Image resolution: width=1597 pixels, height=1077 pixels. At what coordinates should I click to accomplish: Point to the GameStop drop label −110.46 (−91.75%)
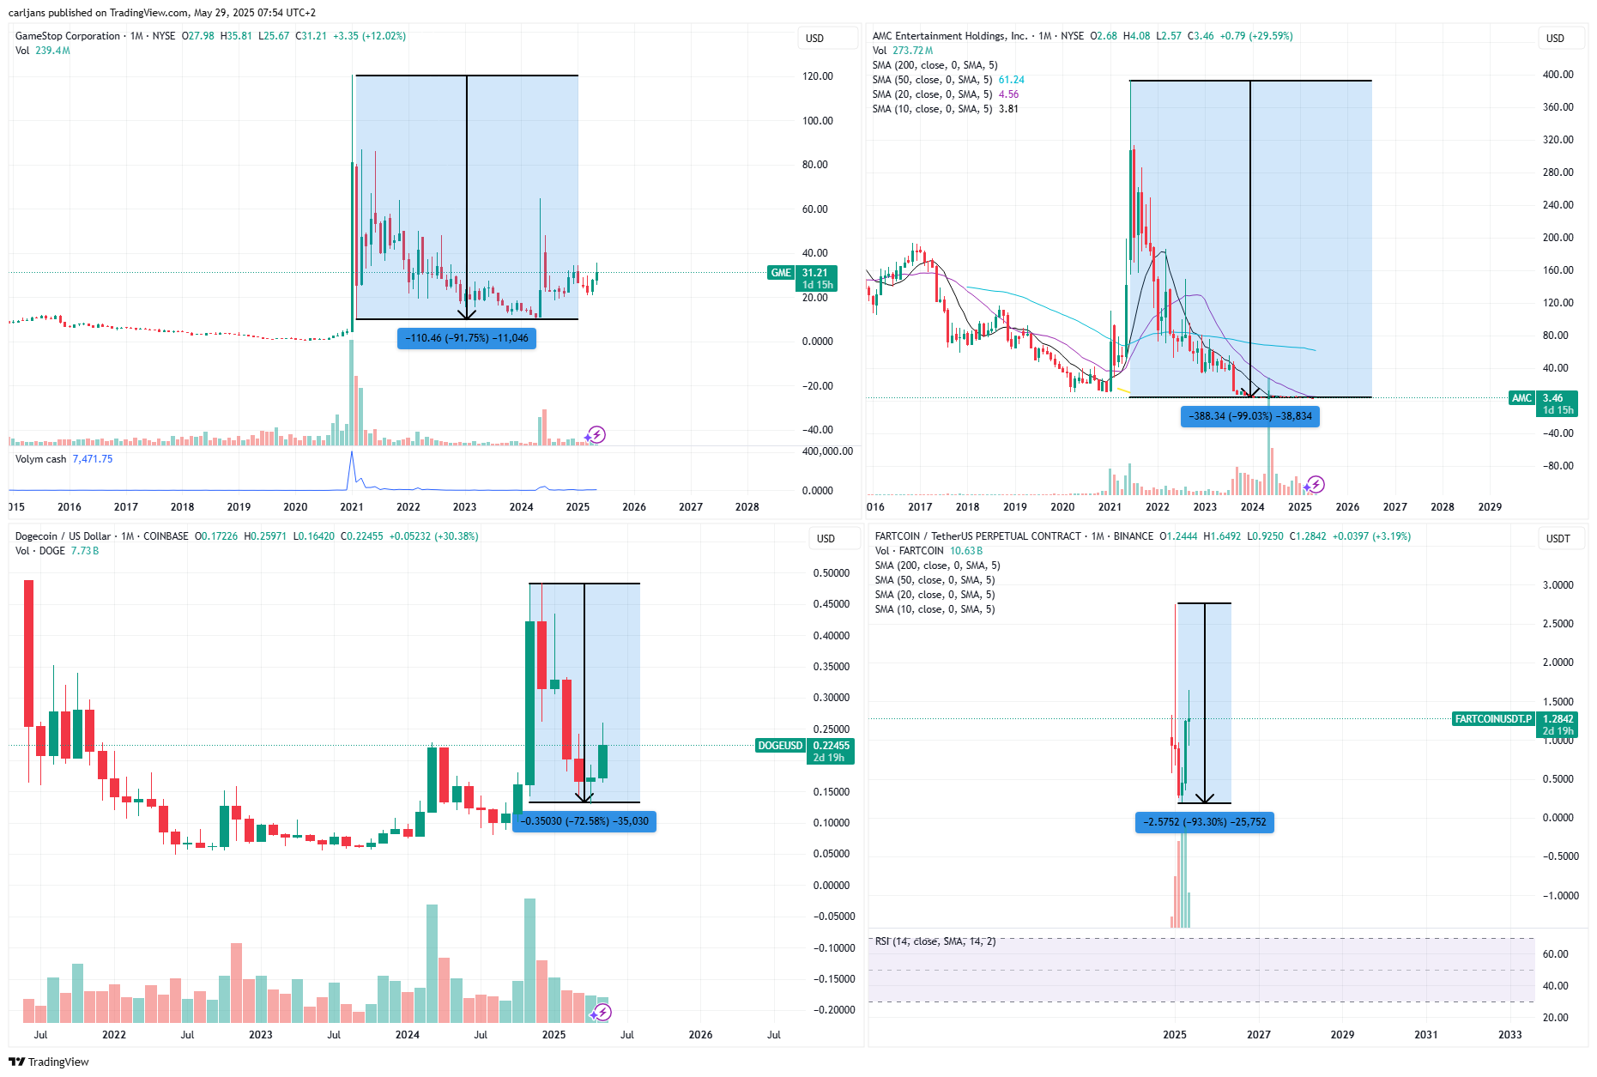click(467, 338)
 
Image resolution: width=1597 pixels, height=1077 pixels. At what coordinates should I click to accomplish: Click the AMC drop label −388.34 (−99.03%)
click(1250, 416)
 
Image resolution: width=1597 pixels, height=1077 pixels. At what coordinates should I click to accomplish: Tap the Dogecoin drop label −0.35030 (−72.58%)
click(584, 821)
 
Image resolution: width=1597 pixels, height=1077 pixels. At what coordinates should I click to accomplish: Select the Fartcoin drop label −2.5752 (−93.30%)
click(1205, 822)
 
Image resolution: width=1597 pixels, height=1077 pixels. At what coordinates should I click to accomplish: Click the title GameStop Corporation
click(68, 36)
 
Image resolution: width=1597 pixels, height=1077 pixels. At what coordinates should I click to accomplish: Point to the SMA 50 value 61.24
click(1012, 80)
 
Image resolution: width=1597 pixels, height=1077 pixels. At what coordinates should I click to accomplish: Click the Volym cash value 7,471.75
click(93, 459)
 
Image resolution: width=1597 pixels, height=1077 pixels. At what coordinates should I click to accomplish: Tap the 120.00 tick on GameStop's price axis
click(818, 76)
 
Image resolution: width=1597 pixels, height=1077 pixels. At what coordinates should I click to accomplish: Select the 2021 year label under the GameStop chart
click(352, 507)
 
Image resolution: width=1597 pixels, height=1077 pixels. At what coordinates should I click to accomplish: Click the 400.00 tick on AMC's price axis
click(1558, 75)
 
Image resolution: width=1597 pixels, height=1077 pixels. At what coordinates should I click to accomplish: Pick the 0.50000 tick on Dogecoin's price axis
click(832, 573)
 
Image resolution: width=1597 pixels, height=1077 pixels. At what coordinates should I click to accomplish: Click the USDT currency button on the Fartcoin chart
click(1558, 539)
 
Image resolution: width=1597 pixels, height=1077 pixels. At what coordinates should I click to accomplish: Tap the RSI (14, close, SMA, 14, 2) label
click(935, 941)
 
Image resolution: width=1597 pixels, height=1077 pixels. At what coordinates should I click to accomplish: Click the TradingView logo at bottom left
click(49, 1062)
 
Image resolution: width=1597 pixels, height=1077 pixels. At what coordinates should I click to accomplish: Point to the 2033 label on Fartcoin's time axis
click(1510, 1035)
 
